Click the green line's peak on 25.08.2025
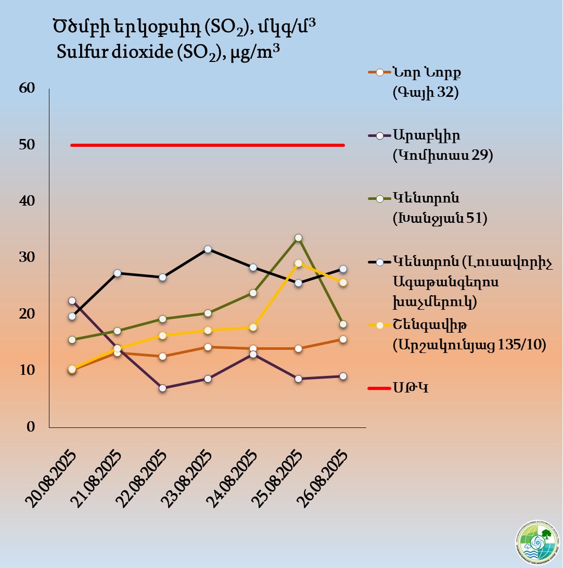[298, 238]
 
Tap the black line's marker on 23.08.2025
[208, 249]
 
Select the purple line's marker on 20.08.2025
[72, 301]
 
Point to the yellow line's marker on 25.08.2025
[298, 263]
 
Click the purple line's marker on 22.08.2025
[162, 388]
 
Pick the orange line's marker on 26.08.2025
[343, 339]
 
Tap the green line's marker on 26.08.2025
[343, 324]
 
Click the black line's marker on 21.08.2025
[117, 273]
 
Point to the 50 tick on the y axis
[27, 145]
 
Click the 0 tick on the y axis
[31, 427]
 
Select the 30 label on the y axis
[27, 258]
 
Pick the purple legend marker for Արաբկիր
[379, 135]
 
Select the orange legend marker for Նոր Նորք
[379, 72]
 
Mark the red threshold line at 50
[208, 145]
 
